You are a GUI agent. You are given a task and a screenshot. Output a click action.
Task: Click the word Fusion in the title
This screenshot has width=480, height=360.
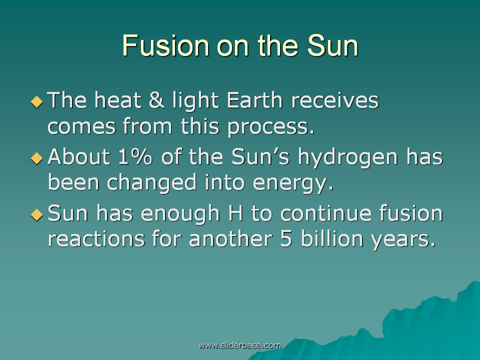165,45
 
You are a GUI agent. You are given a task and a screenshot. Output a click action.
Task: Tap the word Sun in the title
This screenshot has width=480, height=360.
333,45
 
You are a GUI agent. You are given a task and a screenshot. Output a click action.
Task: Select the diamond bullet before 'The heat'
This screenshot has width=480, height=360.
36,102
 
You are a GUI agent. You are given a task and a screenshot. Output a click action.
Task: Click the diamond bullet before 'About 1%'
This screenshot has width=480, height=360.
36,158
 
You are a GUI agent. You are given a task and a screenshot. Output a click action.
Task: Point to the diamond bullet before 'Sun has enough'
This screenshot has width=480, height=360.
36,214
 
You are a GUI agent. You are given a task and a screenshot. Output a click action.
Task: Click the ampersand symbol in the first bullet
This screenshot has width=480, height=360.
156,100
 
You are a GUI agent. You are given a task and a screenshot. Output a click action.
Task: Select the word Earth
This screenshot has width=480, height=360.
254,100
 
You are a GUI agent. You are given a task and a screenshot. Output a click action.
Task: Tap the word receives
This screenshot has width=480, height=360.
335,100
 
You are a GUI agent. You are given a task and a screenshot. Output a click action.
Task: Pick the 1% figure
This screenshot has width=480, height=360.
135,156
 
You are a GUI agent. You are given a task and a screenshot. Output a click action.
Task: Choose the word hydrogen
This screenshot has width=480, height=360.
348,158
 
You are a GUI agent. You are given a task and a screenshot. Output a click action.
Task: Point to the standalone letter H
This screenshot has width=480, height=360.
235,213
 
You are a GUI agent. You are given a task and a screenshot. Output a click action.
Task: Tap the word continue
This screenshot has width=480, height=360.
326,213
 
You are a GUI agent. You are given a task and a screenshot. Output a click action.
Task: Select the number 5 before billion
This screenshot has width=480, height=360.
286,239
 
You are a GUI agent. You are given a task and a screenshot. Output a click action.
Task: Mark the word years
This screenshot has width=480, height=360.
403,240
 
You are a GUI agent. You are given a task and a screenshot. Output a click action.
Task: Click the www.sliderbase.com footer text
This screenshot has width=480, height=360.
240,345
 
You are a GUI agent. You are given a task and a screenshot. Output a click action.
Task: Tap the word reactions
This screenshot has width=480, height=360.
96,239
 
